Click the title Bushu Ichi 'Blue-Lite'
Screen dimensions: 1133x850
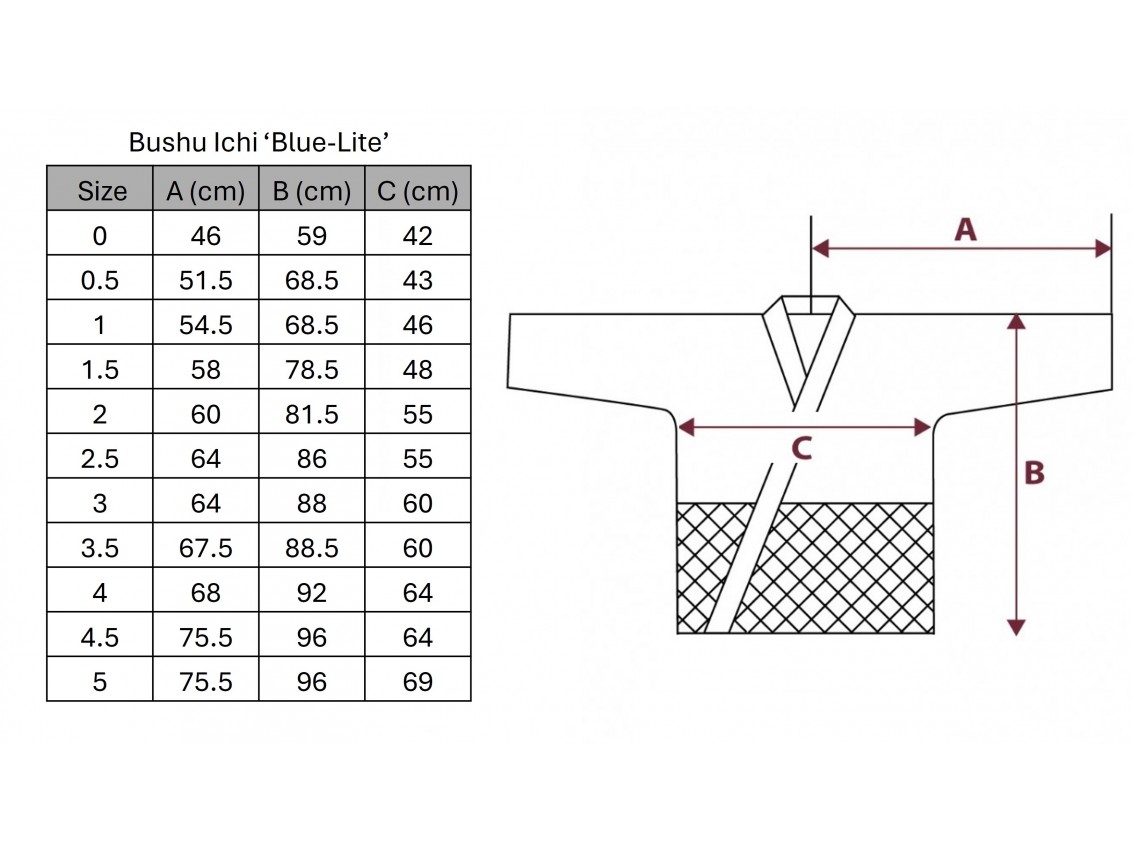point(259,142)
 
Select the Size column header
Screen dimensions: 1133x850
point(102,191)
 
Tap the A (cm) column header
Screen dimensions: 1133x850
point(206,191)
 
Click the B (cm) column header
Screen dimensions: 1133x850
point(311,191)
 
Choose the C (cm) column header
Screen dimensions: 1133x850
point(418,191)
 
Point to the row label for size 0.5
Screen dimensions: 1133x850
point(100,280)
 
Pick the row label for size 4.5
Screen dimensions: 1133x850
point(100,638)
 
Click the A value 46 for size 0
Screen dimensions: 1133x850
point(206,236)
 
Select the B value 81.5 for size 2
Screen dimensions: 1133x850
point(311,414)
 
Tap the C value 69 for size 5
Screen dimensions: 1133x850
point(418,682)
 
